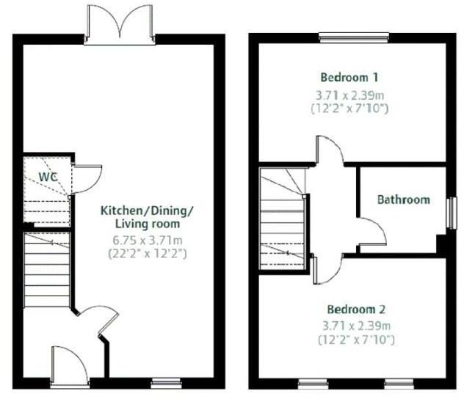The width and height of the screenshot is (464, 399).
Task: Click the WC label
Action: point(48,177)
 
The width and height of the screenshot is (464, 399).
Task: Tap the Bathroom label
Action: point(403,199)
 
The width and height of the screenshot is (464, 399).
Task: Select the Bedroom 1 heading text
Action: point(350,76)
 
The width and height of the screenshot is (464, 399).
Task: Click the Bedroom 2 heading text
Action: point(356,309)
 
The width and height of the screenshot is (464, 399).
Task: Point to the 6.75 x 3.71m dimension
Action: point(147,240)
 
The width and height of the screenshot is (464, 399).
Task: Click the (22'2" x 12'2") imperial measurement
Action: point(147,254)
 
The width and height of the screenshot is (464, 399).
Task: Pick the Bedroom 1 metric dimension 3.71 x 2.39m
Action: point(350,94)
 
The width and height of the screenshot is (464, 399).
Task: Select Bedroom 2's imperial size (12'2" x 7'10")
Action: point(356,340)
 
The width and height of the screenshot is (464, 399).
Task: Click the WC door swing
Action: point(87,177)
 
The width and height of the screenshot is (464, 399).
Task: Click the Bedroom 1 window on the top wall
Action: point(354,37)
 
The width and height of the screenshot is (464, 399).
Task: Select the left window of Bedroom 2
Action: point(313,383)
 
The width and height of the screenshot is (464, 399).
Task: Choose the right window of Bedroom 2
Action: point(399,383)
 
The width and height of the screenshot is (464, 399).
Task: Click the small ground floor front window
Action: point(166,383)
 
